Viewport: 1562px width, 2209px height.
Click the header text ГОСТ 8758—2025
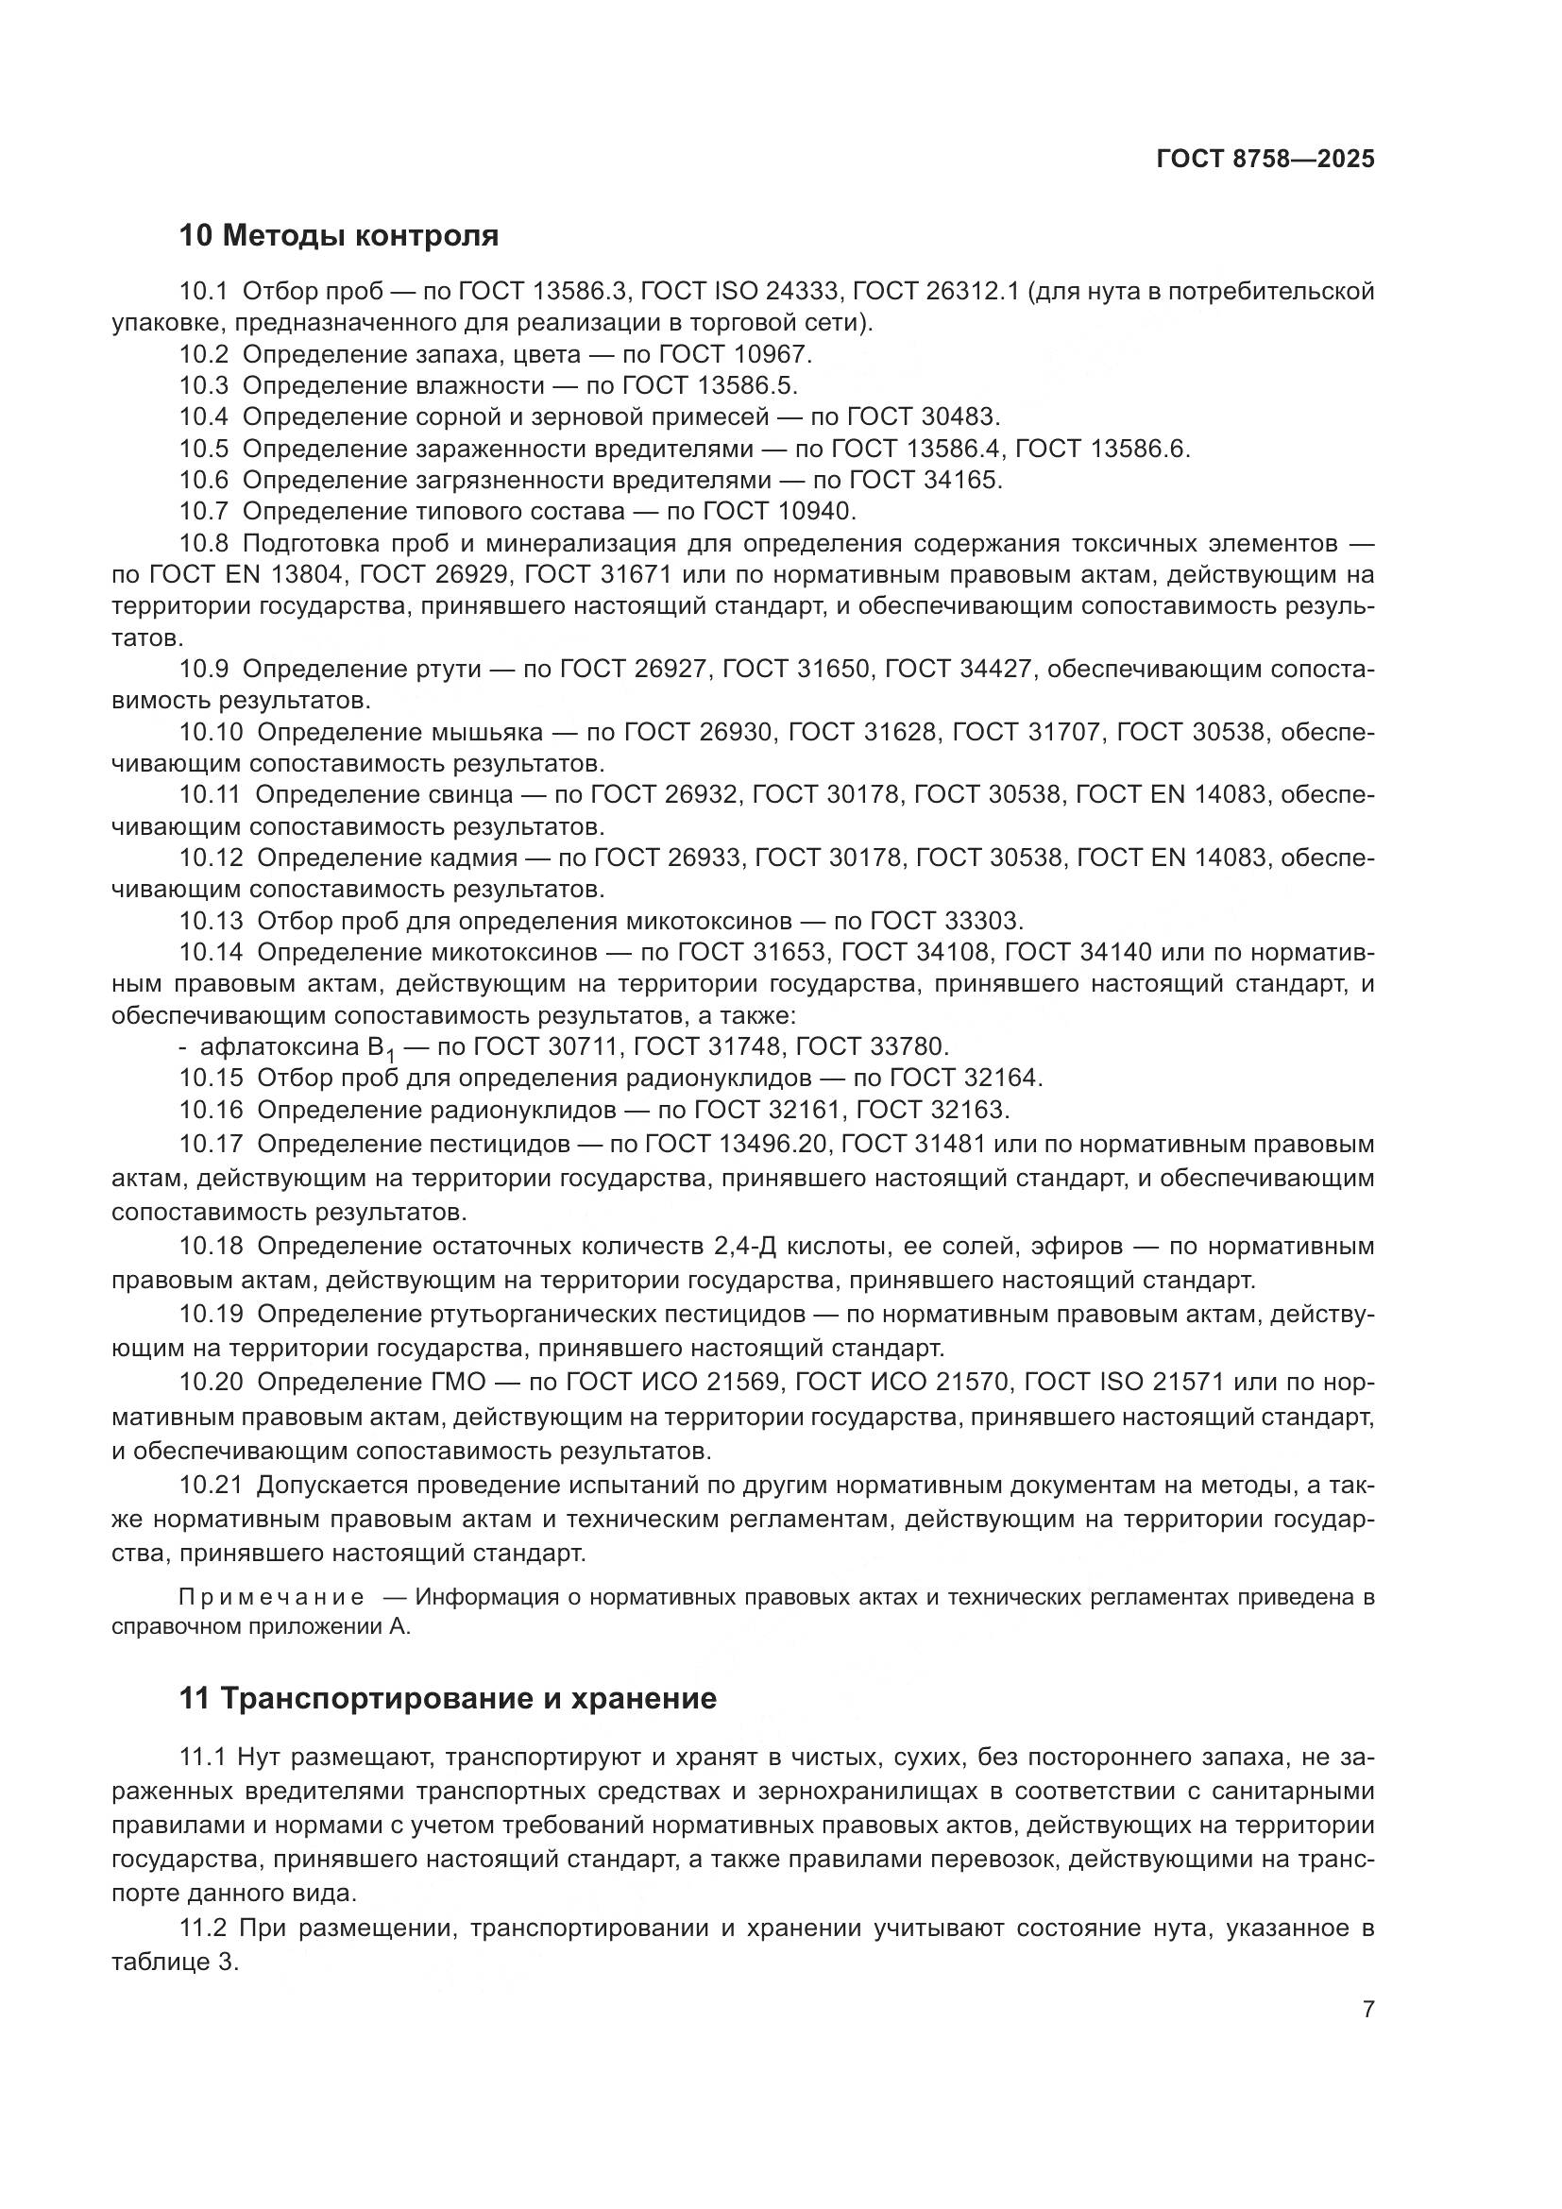point(1265,160)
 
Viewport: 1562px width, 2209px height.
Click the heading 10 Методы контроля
point(339,235)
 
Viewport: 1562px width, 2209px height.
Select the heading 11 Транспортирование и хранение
point(448,1698)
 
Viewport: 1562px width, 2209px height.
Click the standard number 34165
point(961,479)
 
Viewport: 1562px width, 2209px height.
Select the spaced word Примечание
point(271,1598)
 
